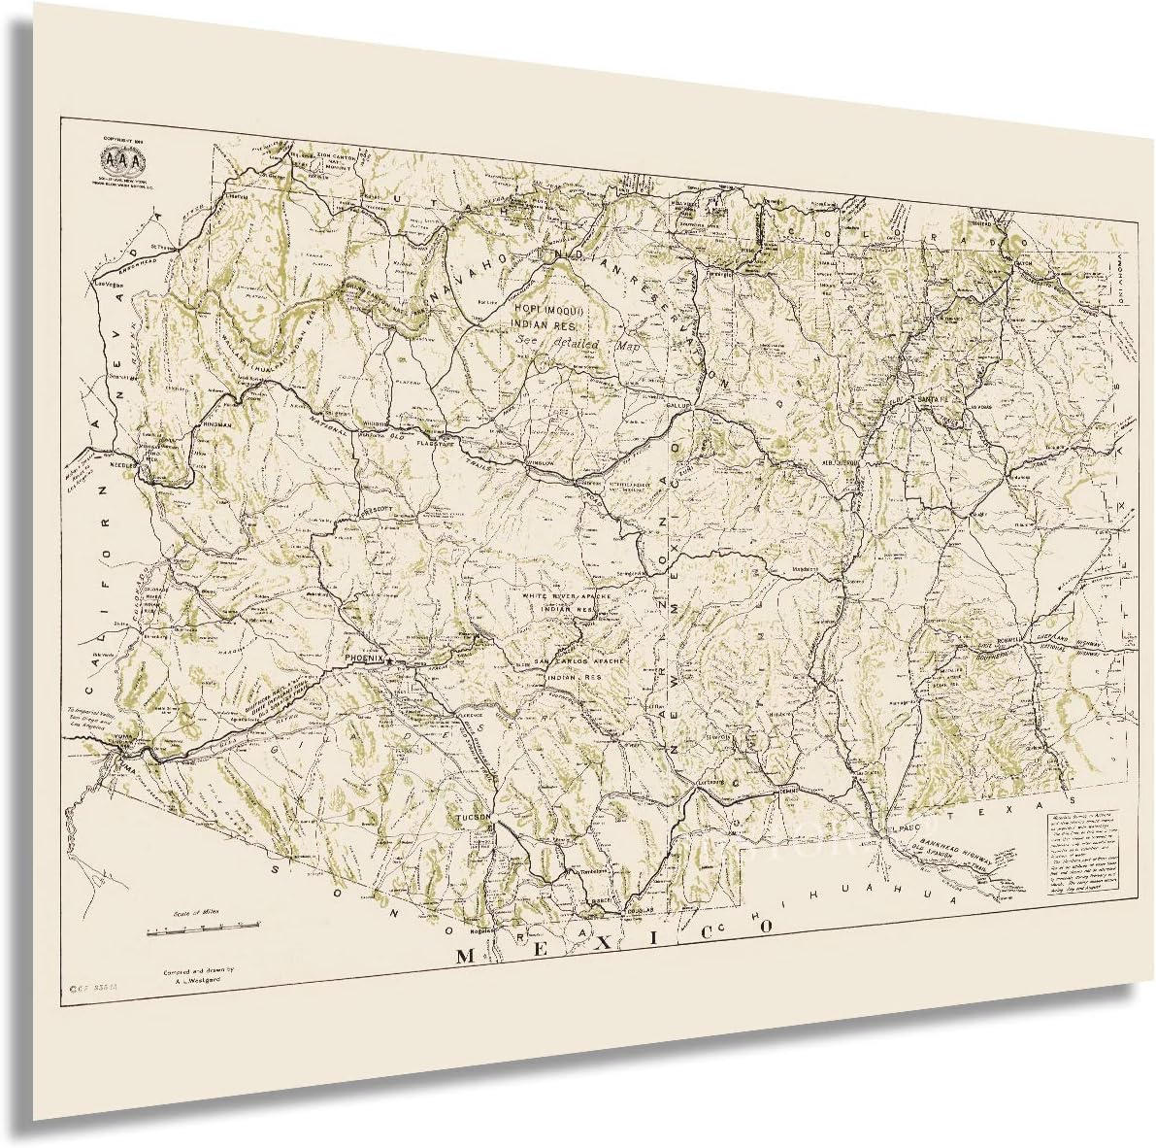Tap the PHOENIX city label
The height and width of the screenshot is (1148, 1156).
pos(364,658)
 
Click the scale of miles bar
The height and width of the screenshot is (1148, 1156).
pos(203,931)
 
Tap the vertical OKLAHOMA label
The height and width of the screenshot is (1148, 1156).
pos(1125,254)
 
